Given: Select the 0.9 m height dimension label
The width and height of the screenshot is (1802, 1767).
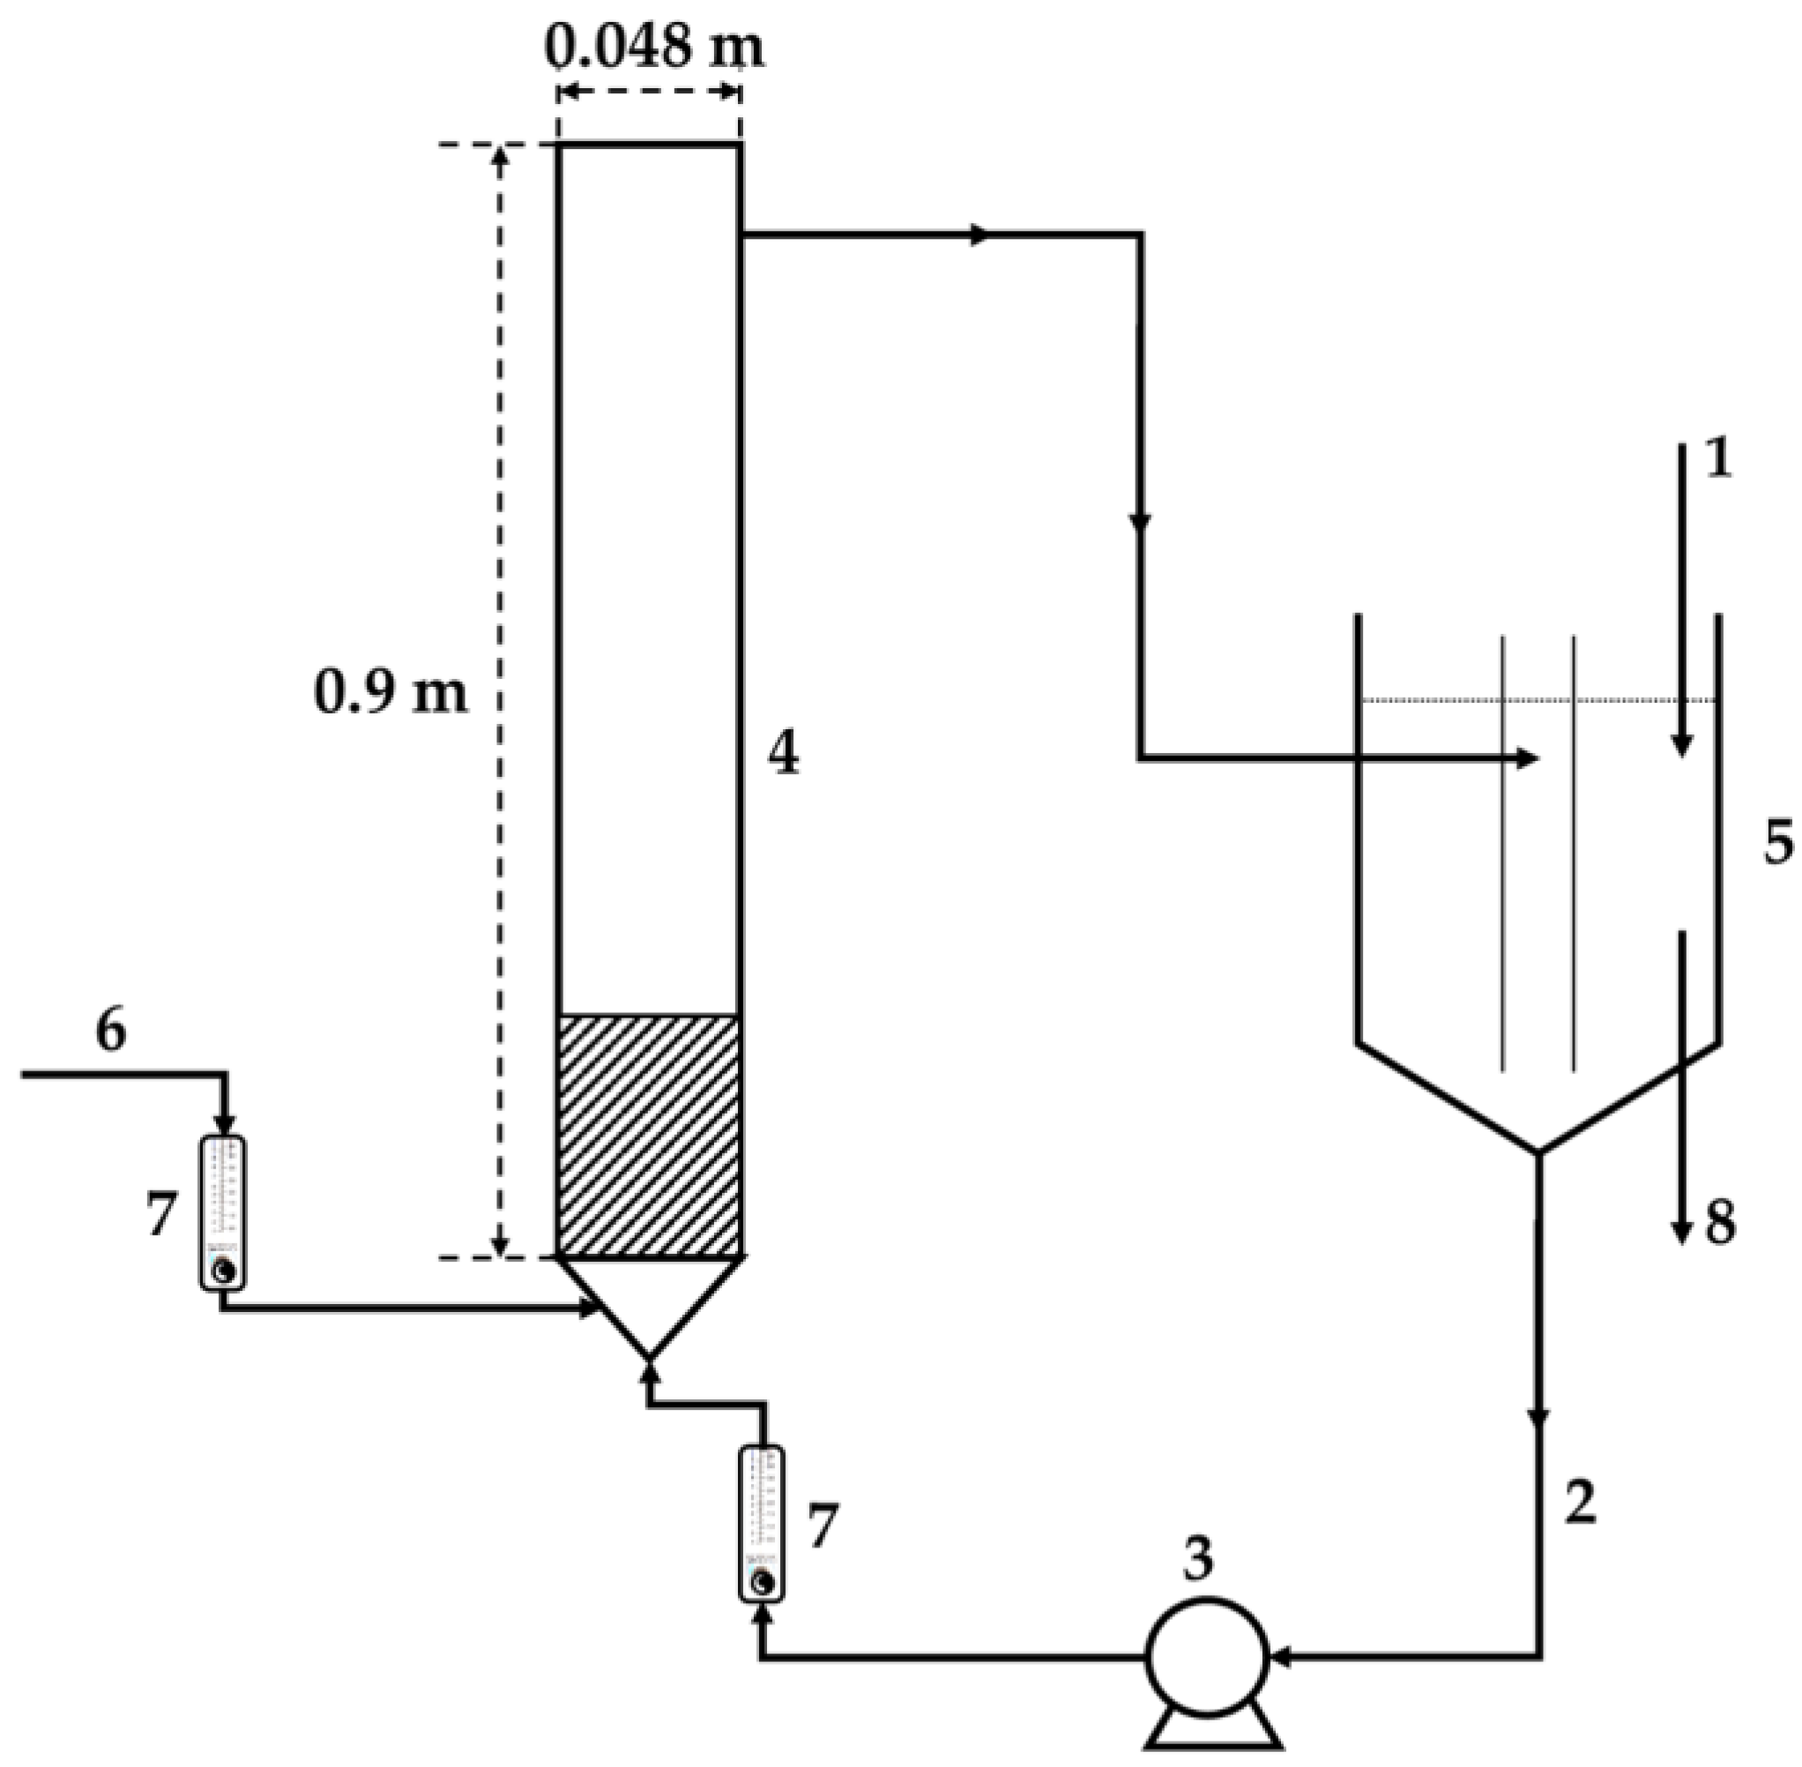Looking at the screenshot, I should pos(391,692).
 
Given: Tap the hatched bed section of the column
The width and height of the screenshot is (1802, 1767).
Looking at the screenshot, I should pos(649,1136).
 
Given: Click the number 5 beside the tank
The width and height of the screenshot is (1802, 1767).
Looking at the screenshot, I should pos(1778,843).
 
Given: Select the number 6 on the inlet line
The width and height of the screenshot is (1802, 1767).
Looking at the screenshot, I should pos(111,1030).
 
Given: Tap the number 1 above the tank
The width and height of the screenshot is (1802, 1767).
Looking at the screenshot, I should pos(1718,459).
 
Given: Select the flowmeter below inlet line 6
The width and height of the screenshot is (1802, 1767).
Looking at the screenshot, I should pos(224,1212).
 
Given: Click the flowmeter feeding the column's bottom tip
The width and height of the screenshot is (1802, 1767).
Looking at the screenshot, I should pos(761,1523).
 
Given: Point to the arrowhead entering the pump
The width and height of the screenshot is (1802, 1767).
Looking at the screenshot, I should pos(1283,1655).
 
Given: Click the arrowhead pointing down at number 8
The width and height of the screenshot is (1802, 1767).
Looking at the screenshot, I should pos(1680,1233).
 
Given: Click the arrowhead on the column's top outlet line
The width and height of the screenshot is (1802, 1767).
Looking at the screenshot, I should pos(979,235).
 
